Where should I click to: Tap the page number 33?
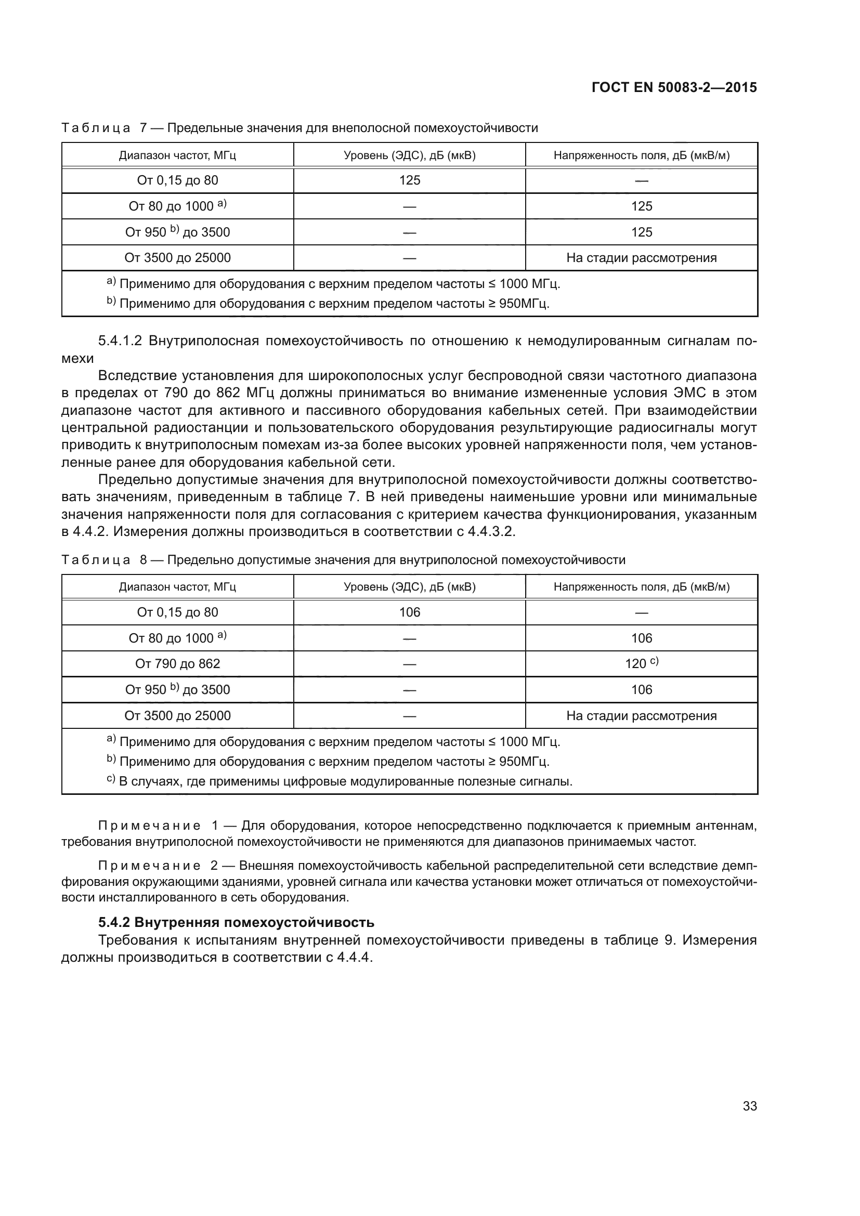pyautogui.click(x=749, y=1106)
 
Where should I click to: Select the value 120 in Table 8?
pyautogui.click(x=635, y=663)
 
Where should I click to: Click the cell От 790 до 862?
pyautogui.click(x=177, y=663)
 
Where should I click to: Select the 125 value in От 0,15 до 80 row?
pyautogui.click(x=409, y=180)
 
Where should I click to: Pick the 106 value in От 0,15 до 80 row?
pyautogui.click(x=409, y=612)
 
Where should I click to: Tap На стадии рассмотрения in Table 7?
pyautogui.click(x=641, y=258)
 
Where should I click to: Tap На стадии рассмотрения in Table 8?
pyautogui.click(x=641, y=715)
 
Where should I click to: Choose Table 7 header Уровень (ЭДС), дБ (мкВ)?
pyautogui.click(x=409, y=155)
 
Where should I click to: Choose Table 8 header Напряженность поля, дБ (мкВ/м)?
pyautogui.click(x=641, y=587)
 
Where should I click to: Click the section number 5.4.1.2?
pyautogui.click(x=120, y=341)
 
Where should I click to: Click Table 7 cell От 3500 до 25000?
pyautogui.click(x=177, y=258)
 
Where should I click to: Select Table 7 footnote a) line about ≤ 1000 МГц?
pyautogui.click(x=334, y=284)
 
